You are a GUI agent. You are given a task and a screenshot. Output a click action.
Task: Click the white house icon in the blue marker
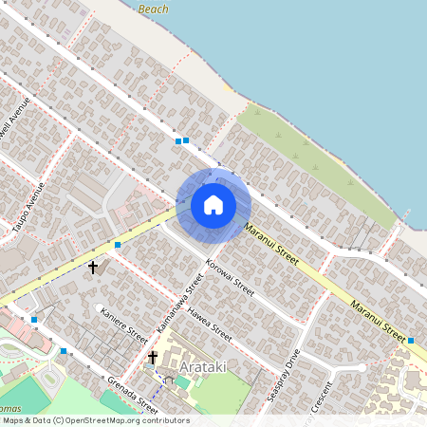tap(213, 204)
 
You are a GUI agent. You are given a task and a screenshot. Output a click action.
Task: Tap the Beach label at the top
tap(153, 9)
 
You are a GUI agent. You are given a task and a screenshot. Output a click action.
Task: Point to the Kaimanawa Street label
tap(180, 304)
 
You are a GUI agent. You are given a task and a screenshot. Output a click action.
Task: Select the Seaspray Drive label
tap(283, 376)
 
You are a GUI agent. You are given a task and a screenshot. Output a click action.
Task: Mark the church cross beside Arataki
tap(153, 358)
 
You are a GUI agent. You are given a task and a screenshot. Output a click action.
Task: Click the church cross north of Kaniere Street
tap(93, 268)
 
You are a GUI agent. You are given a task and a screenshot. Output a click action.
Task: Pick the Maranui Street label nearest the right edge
tap(378, 318)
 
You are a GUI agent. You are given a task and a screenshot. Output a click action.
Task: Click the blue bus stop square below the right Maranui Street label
tap(411, 340)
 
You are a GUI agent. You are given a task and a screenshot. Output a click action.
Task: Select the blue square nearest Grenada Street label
tap(64, 351)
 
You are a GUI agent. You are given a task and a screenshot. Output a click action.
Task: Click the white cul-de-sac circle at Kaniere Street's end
tap(99, 306)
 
